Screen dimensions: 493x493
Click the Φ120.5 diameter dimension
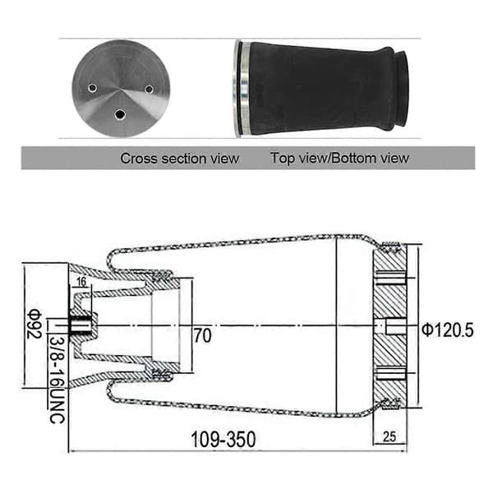[x=448, y=330]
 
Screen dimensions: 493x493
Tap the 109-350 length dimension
[x=223, y=440]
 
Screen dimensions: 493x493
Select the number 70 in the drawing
[x=202, y=335]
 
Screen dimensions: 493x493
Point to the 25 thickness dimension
[x=389, y=437]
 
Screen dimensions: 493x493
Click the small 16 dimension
[x=81, y=282]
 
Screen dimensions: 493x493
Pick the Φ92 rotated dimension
[x=35, y=325]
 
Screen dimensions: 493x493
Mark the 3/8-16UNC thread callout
[x=57, y=380]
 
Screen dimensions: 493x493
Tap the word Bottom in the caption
[x=353, y=158]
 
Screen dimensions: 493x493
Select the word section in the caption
[x=183, y=159]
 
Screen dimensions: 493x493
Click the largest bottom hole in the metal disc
[x=120, y=115]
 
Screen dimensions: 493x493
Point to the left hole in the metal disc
[x=92, y=88]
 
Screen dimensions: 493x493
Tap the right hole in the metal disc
[x=149, y=90]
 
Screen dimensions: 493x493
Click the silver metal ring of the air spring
[x=242, y=89]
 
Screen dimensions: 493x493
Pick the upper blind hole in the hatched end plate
[x=391, y=278]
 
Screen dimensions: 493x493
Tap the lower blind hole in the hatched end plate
[x=391, y=373]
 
